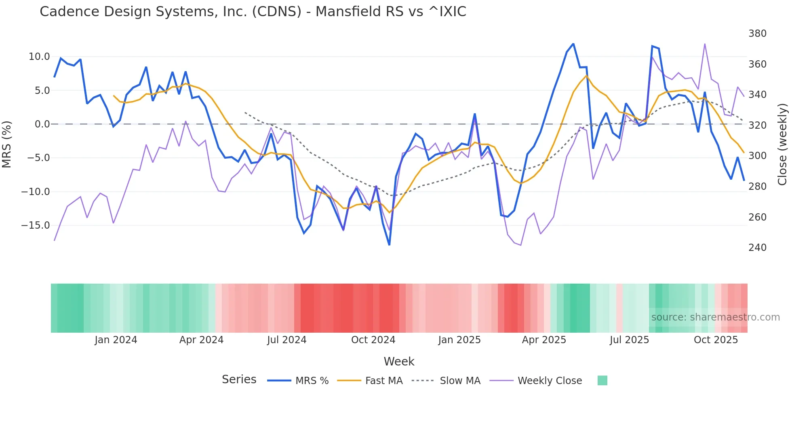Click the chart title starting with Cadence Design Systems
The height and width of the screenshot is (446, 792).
pyautogui.click(x=253, y=11)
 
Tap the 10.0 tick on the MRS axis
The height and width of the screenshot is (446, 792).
pyautogui.click(x=39, y=57)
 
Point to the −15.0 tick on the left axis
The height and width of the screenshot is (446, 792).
pyautogui.click(x=36, y=225)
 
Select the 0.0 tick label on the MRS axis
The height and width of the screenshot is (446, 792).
pyautogui.click(x=42, y=124)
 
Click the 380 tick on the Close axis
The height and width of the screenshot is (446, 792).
pyautogui.click(x=757, y=34)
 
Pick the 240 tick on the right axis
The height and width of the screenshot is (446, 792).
pyautogui.click(x=757, y=248)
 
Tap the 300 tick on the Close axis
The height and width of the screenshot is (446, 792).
pyautogui.click(x=757, y=156)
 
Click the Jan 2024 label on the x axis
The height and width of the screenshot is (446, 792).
pyautogui.click(x=116, y=340)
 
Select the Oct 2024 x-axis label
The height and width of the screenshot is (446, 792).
pyautogui.click(x=373, y=340)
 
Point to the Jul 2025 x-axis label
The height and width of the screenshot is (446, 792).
pyautogui.click(x=629, y=340)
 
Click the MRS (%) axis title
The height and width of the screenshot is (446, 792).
pyautogui.click(x=7, y=144)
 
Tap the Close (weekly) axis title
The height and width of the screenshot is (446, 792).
pyautogui.click(x=782, y=144)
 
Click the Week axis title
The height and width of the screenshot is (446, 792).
pyautogui.click(x=399, y=361)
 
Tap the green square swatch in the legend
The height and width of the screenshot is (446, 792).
pyautogui.click(x=602, y=380)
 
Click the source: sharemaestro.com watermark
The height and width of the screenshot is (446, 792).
pyautogui.click(x=715, y=317)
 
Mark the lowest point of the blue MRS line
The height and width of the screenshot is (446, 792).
pyautogui.click(x=389, y=245)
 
